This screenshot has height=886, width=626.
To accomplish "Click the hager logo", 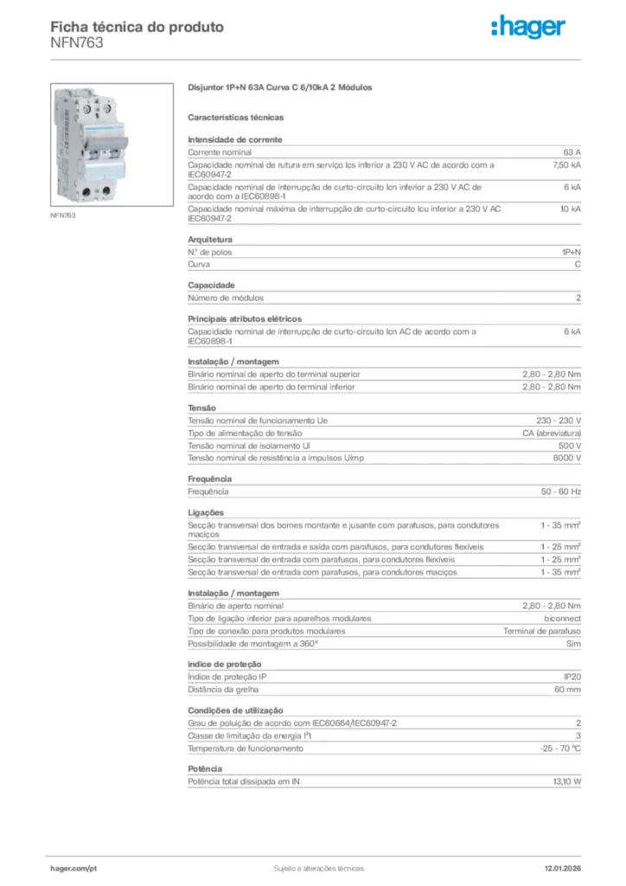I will pyautogui.click(x=528, y=28).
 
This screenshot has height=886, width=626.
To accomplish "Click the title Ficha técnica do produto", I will pyautogui.click(x=137, y=27).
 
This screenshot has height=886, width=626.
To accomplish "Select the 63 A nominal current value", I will pyautogui.click(x=572, y=151).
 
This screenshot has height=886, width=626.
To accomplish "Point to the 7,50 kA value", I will pyautogui.click(x=567, y=164).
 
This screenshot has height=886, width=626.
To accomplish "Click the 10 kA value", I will pyautogui.click(x=571, y=209).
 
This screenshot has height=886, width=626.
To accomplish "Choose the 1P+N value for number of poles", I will pyautogui.click(x=571, y=253).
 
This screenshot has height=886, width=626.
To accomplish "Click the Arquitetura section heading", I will pyautogui.click(x=210, y=240).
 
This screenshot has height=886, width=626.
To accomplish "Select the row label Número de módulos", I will pyautogui.click(x=222, y=299).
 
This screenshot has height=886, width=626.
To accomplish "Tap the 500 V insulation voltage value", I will pyautogui.click(x=571, y=446).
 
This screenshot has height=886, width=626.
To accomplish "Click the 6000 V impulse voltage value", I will pyautogui.click(x=567, y=458).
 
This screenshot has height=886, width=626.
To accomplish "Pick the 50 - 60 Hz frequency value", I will pyautogui.click(x=561, y=491).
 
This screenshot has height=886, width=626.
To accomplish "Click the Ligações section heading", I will pyautogui.click(x=206, y=512).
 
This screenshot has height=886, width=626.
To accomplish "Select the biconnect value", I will pyautogui.click(x=562, y=619).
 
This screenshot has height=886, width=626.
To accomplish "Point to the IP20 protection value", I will pyautogui.click(x=572, y=677).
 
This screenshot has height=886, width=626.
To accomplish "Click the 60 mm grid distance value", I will pyautogui.click(x=567, y=690).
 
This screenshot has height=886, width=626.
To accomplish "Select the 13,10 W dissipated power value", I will pyautogui.click(x=567, y=781).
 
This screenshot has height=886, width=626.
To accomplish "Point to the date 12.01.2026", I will pyautogui.click(x=562, y=868).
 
